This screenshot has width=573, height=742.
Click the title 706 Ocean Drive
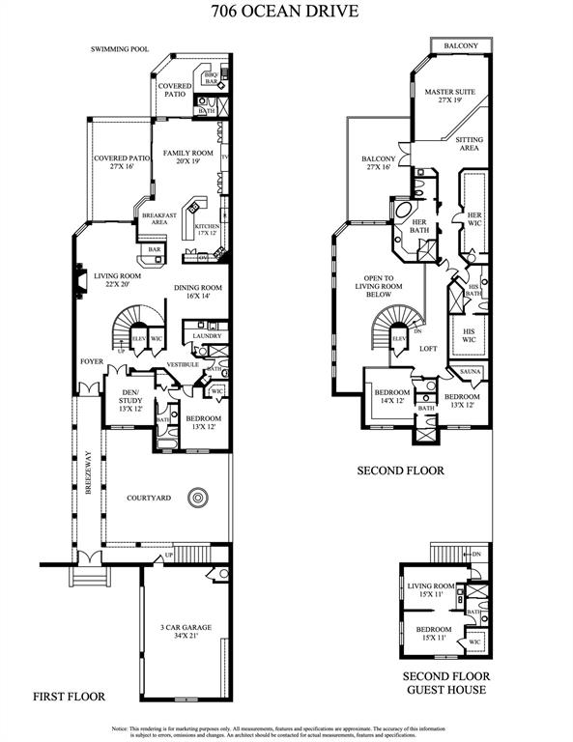coord(287,13)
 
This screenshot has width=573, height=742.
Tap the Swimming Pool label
coord(120,48)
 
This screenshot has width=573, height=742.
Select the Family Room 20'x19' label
coord(187,157)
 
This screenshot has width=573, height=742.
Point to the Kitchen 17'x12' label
coord(208,230)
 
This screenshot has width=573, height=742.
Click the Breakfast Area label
coord(158,219)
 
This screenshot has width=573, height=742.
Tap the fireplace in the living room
coord(78,280)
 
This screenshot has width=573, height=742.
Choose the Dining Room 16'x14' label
coord(198,293)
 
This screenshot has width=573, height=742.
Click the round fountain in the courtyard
coord(197,499)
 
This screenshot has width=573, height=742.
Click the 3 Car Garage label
coord(186,632)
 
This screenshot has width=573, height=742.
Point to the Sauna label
coord(472,372)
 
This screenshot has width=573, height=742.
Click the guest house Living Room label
coord(430,590)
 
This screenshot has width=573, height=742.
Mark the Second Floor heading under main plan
coord(400,471)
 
